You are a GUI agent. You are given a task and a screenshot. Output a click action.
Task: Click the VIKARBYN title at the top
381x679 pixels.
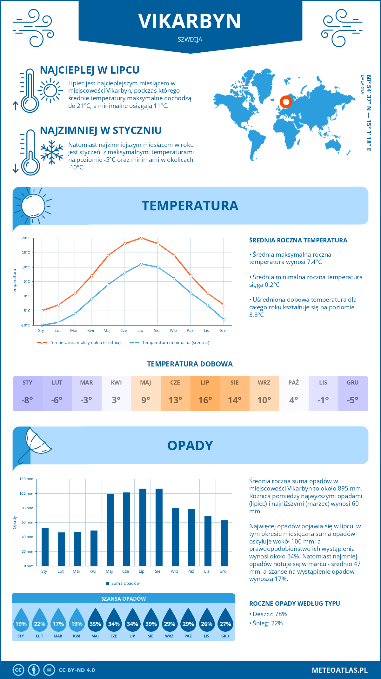point(190,21)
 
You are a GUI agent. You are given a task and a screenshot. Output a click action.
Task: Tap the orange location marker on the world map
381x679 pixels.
point(286,102)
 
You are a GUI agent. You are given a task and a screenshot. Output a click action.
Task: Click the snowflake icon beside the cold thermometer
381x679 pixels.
point(52,152)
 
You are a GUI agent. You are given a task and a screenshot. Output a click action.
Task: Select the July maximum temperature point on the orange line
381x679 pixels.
point(141,238)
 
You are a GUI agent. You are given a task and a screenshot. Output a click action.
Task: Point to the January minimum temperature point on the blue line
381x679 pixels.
point(42,325)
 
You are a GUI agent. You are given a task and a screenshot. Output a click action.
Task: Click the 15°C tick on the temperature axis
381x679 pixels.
point(26,253)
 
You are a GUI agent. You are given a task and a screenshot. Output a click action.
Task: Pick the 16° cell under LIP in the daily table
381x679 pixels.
point(205,400)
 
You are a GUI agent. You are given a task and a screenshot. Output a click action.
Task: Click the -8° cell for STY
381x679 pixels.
point(27,400)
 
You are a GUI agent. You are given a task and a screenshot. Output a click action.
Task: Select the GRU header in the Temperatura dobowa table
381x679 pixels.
point(352,383)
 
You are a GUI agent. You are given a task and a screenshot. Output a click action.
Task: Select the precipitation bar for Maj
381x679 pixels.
point(110,530)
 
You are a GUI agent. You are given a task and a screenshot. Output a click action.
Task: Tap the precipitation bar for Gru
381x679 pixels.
point(224,543)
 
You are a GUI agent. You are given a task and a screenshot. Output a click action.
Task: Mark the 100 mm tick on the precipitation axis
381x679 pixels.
point(26,493)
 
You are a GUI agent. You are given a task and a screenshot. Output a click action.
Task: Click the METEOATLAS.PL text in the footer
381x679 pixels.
point(339,670)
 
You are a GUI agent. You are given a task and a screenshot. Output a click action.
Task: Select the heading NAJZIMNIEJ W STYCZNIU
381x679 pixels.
point(101,130)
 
